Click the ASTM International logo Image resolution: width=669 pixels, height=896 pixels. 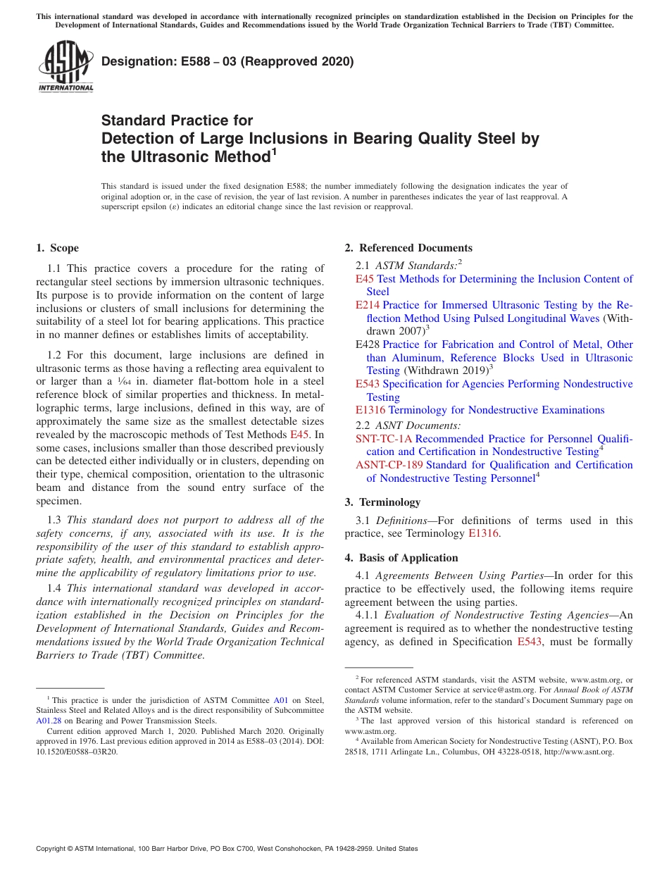click(x=65, y=67)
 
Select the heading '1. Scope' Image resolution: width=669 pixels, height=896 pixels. click(x=57, y=248)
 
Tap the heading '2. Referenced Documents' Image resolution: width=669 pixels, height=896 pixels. click(x=408, y=248)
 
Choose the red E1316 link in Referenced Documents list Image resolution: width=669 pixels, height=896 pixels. click(x=370, y=410)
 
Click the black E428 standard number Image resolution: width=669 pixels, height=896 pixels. click(x=367, y=344)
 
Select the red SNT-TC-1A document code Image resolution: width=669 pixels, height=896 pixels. click(x=383, y=438)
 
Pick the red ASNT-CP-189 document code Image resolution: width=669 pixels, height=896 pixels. click(x=389, y=465)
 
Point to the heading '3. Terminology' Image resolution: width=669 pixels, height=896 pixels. click(x=382, y=502)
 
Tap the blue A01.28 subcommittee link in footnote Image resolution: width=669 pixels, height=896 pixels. click(x=49, y=721)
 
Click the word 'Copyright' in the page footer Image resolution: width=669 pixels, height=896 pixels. click(x=52, y=849)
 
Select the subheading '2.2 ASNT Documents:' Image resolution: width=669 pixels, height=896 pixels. click(x=408, y=425)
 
